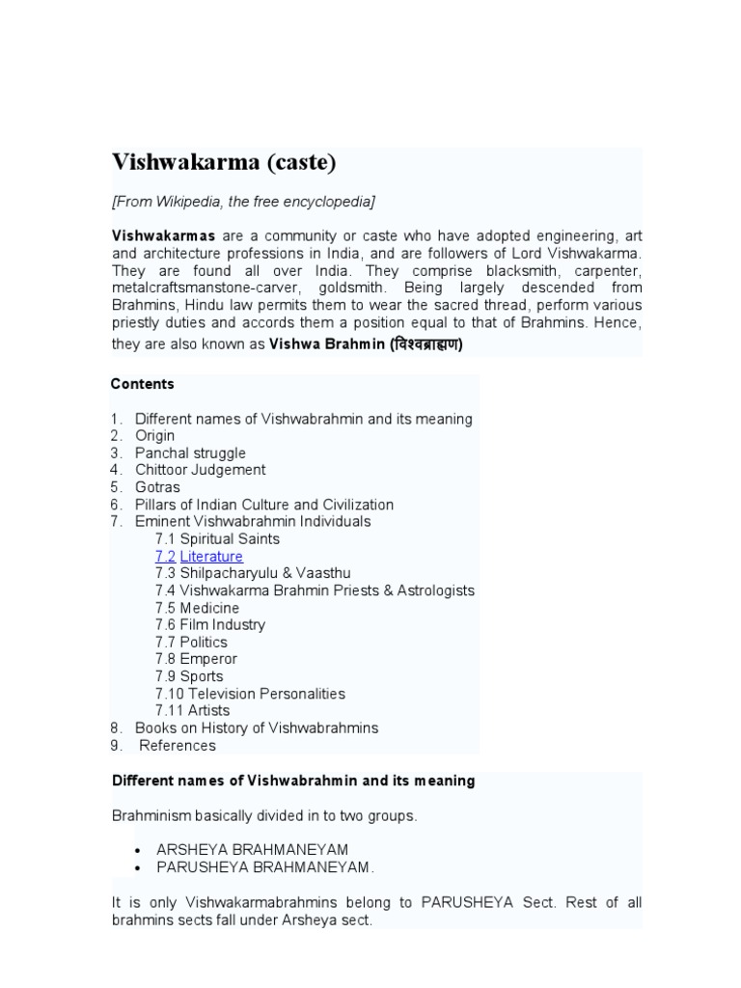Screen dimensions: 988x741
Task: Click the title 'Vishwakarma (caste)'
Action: tap(224, 162)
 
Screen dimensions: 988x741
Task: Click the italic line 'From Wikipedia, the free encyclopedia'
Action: tap(244, 202)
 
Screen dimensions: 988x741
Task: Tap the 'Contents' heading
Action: tap(142, 384)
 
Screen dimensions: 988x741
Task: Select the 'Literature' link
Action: tap(211, 557)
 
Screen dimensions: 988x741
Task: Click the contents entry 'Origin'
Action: tap(154, 436)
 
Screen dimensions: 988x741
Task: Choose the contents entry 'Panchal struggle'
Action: tap(190, 453)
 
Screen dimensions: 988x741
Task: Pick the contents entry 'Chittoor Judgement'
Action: tap(200, 470)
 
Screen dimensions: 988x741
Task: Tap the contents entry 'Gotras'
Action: tap(157, 487)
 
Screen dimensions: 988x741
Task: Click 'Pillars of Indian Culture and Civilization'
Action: tap(263, 505)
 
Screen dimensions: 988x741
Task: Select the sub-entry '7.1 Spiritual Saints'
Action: tap(217, 539)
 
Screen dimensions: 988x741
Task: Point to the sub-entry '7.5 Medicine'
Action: tap(197, 608)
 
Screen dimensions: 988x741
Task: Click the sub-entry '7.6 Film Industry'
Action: tap(210, 625)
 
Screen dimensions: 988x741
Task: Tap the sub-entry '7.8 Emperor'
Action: tap(196, 659)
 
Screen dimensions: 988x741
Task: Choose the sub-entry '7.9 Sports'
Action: tap(189, 676)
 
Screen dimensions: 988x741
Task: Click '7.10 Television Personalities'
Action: tap(250, 694)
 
